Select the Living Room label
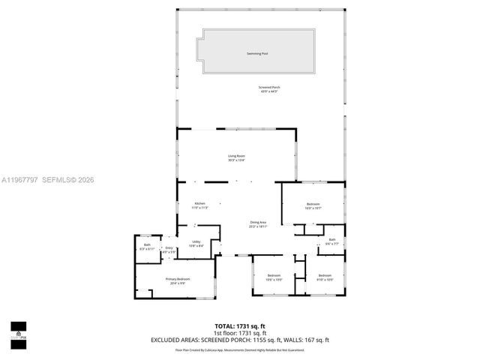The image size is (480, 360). (x=237, y=155)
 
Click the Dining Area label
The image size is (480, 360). (x=259, y=221)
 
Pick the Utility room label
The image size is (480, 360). (x=195, y=241)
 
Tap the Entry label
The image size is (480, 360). (x=169, y=248)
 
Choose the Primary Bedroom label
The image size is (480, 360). (x=178, y=279)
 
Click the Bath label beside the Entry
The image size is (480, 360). (x=147, y=244)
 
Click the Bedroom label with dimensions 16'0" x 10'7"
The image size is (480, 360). (x=313, y=204)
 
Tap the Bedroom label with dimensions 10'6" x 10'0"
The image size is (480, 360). (x=273, y=275)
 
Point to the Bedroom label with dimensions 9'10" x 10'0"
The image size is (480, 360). (x=325, y=275)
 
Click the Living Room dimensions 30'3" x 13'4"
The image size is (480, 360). (x=237, y=160)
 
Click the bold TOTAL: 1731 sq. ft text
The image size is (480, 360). (x=240, y=326)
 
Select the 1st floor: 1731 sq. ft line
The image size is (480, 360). (x=240, y=333)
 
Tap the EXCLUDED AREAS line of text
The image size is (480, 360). (x=240, y=340)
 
